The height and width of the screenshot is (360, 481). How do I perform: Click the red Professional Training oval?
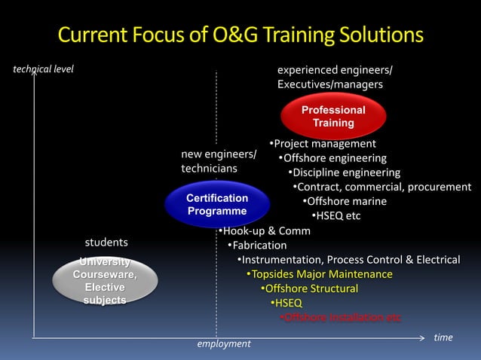(333, 117)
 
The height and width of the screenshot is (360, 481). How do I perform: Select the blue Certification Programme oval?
(217, 204)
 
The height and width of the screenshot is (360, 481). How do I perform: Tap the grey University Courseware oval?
(105, 281)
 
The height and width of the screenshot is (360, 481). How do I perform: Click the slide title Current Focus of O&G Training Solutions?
(240, 35)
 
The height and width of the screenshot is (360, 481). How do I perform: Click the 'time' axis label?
(443, 337)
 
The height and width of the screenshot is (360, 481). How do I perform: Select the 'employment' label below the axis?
(223, 343)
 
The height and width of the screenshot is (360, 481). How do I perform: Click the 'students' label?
(106, 243)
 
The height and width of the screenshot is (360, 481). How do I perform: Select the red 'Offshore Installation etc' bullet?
(341, 317)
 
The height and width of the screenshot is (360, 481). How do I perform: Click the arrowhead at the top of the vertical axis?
(34, 73)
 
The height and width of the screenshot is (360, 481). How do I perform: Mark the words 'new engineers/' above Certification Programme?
(219, 154)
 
